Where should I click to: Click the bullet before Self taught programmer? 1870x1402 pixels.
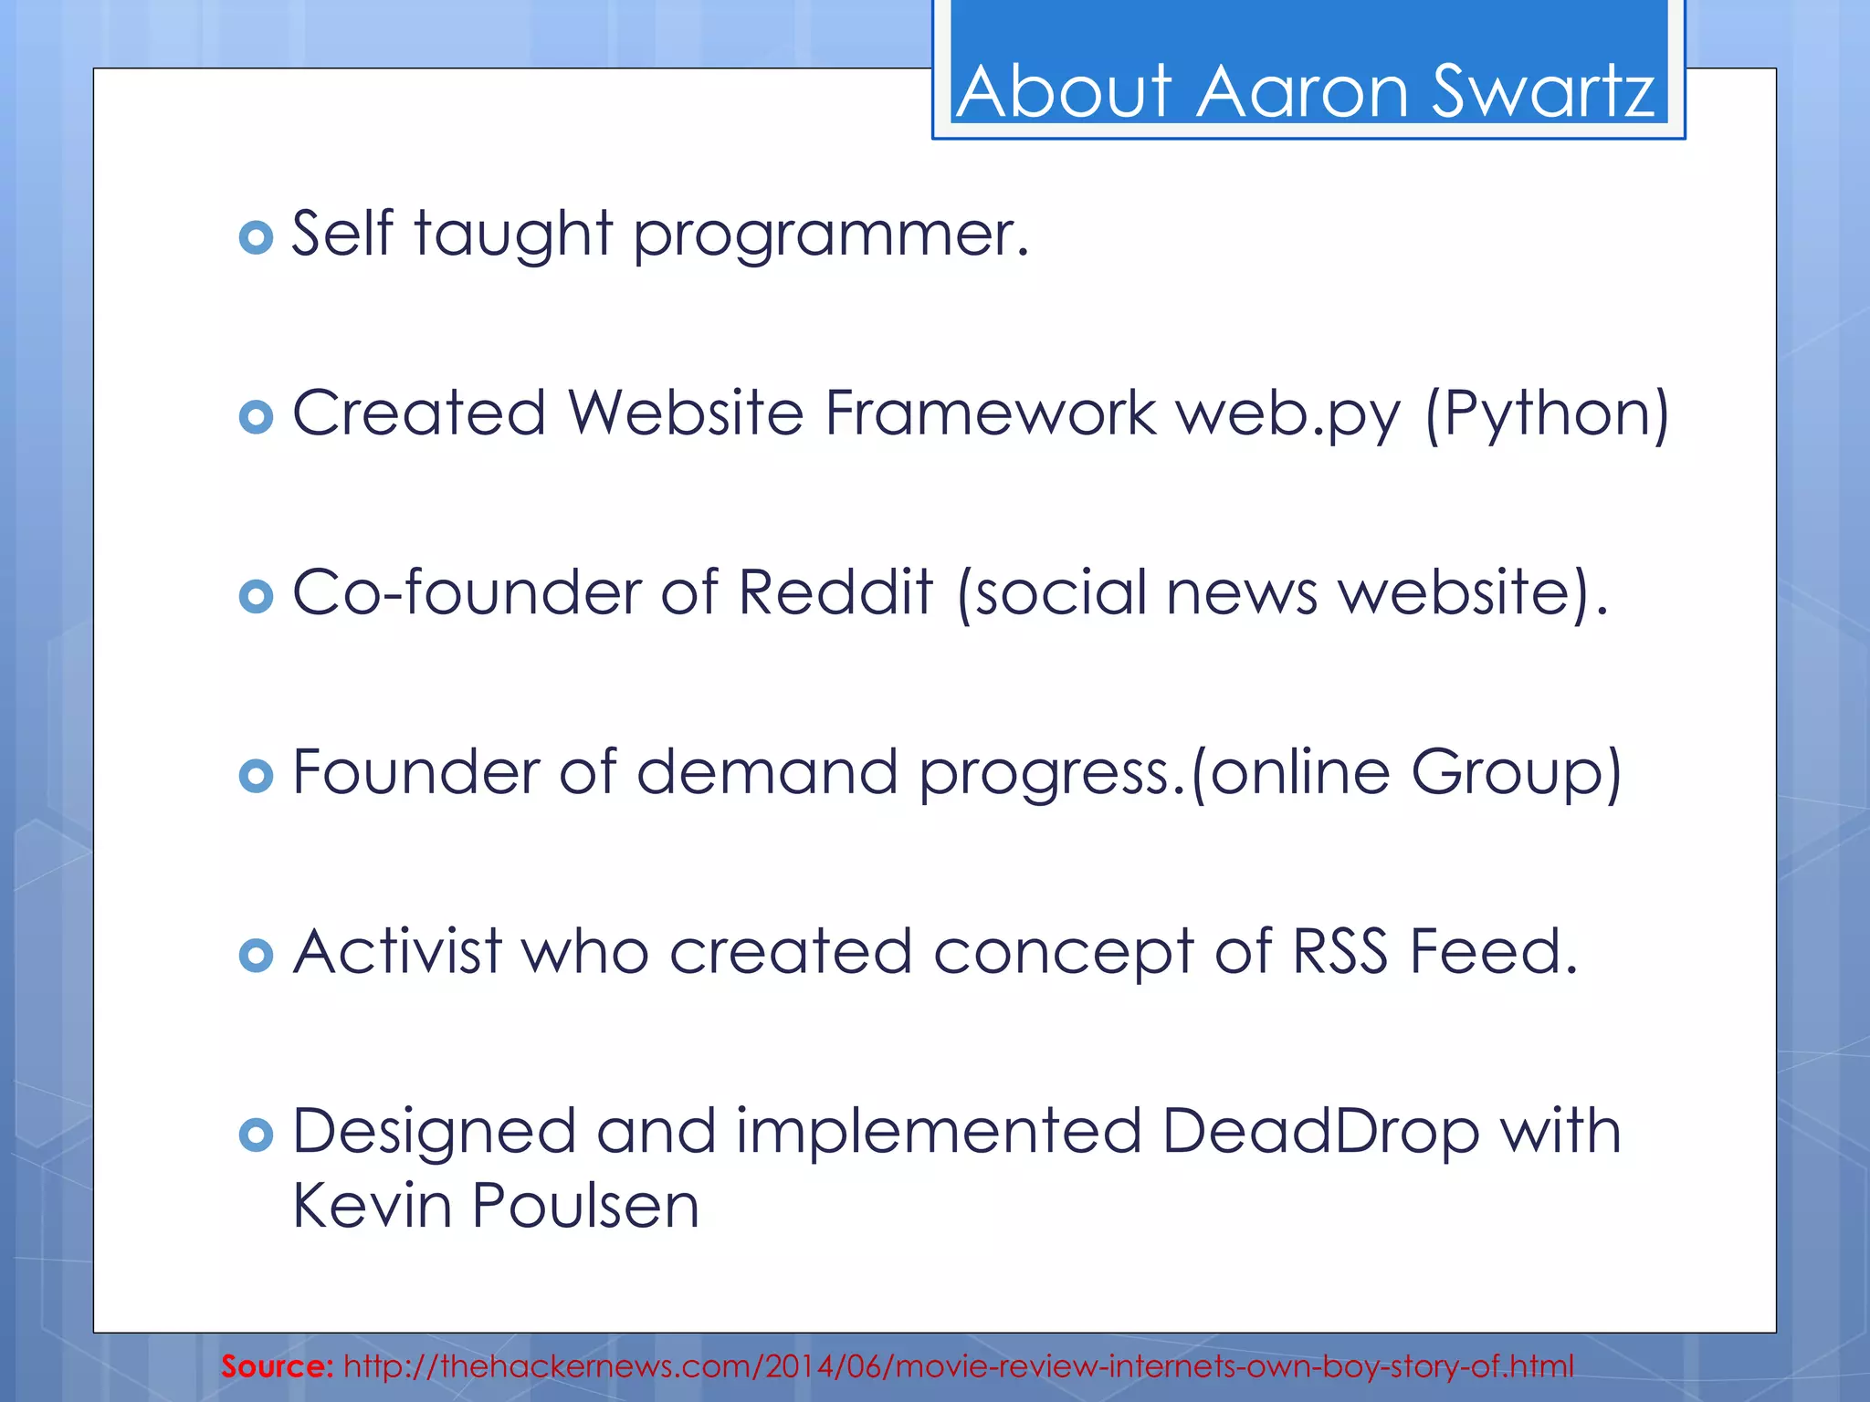click(256, 237)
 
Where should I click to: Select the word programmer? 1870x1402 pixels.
click(831, 235)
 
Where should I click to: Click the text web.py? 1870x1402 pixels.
click(1287, 415)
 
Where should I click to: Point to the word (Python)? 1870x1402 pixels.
click(1547, 415)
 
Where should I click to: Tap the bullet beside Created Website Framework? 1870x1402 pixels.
click(256, 417)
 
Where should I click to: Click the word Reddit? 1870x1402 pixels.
click(835, 593)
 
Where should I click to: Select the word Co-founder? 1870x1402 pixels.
click(466, 593)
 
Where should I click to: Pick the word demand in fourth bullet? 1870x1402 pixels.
click(767, 773)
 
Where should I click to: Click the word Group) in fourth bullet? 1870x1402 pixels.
click(1516, 773)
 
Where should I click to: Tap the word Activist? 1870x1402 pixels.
click(397, 952)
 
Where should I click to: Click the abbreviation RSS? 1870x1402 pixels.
click(1339, 952)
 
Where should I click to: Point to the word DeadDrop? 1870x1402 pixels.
click(1320, 1132)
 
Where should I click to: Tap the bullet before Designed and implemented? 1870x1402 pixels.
click(256, 1135)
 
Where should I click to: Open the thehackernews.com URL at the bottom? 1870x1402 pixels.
click(958, 1366)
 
